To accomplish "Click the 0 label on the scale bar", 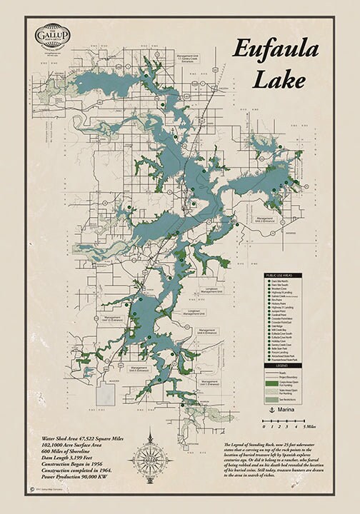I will pyautogui.click(x=264, y=426).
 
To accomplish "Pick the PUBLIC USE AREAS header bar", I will pyautogui.click(x=291, y=275).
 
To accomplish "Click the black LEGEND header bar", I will pyautogui.click(x=291, y=366).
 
